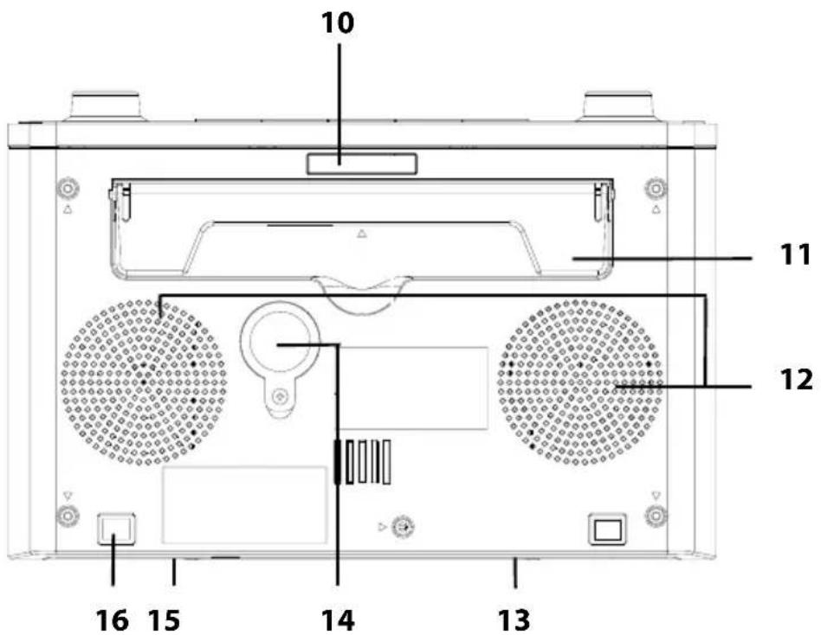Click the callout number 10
click(x=338, y=23)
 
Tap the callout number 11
click(x=794, y=256)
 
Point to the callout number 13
click(x=514, y=620)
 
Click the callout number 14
click(x=338, y=620)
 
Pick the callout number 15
click(x=164, y=620)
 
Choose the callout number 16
click(x=112, y=620)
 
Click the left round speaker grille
click(x=144, y=382)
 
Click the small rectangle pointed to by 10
click(x=362, y=164)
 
